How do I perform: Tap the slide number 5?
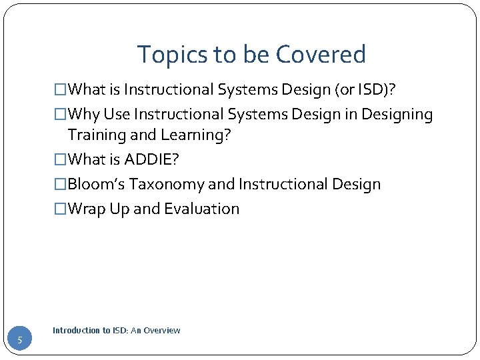(x=20, y=341)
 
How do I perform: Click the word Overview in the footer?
(x=163, y=331)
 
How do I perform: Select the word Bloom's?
(x=96, y=184)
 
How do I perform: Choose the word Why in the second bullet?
(x=82, y=115)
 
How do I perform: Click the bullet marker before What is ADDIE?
(x=61, y=160)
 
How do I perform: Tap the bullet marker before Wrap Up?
(x=61, y=209)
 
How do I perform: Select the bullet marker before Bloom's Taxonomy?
(x=61, y=185)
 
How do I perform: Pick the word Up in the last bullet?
(x=117, y=209)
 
